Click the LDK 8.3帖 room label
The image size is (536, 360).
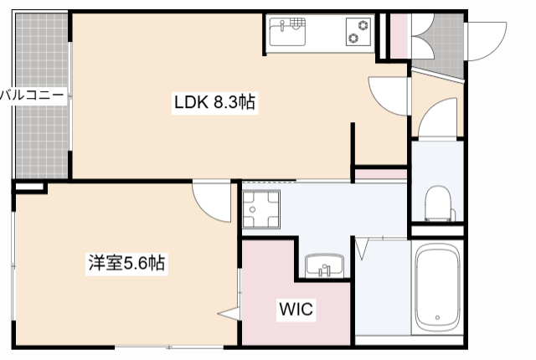(214, 104)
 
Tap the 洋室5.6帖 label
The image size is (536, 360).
(126, 263)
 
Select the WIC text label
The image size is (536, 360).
(295, 310)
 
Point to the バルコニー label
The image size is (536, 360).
(32, 95)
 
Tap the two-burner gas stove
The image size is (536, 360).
(359, 33)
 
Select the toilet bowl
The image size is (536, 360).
(437, 203)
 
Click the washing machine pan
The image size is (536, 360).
(260, 209)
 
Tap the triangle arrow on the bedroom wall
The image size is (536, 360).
(229, 315)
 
